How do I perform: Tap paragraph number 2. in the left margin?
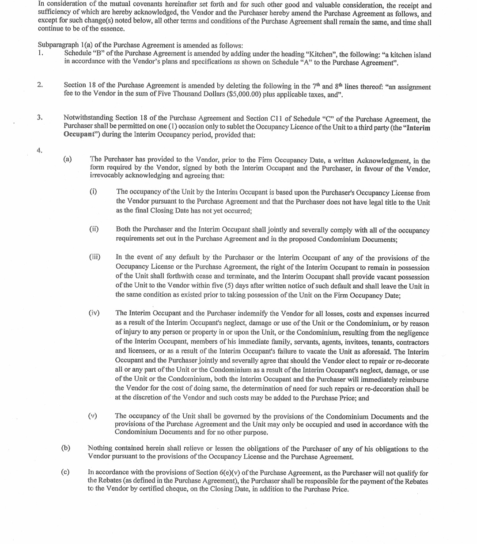tap(40, 85)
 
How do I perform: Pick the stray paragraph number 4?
tap(40, 150)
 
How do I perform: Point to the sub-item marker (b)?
tap(66, 448)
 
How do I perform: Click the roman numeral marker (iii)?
tap(95, 257)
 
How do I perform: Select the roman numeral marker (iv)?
tap(94, 313)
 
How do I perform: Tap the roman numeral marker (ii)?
tap(94, 229)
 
